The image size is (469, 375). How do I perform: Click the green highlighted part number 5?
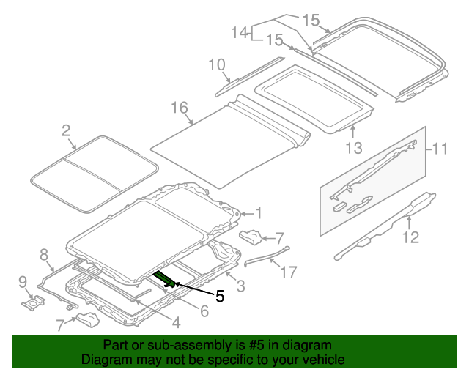[164, 278]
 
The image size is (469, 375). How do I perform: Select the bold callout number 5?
[218, 296]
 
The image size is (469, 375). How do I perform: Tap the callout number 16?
[180, 108]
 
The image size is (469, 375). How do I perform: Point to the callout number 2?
[66, 131]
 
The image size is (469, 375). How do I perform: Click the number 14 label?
[240, 33]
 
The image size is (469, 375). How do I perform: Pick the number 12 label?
[410, 237]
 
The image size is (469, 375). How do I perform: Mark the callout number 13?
[354, 149]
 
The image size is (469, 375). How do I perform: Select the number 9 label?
[22, 281]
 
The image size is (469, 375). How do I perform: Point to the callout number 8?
[44, 255]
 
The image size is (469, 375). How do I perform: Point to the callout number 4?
[175, 322]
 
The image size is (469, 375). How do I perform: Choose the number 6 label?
[204, 311]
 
